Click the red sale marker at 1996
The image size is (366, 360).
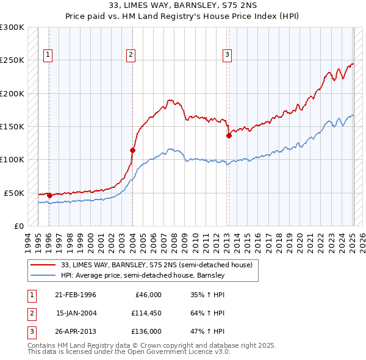(49, 195)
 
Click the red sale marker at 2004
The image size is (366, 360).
(132, 149)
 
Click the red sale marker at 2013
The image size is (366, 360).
(229, 136)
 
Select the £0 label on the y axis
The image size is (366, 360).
(18, 226)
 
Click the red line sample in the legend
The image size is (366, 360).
(43, 265)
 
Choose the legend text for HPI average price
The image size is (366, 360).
(143, 275)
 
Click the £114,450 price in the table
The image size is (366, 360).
(146, 313)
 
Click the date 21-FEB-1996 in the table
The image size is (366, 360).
(76, 295)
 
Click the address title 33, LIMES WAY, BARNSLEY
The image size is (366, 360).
(183, 5)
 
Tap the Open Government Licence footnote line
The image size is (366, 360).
(129, 352)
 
